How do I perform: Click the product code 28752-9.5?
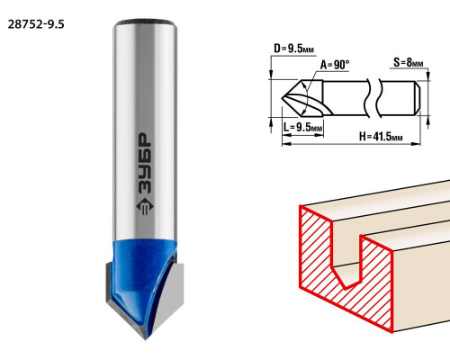[x=36, y=24]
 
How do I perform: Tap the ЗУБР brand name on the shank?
[x=145, y=164]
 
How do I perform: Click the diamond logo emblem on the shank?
[x=145, y=207]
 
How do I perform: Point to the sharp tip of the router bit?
[x=146, y=338]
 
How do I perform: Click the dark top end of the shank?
[x=145, y=22]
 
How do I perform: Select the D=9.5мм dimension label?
[x=294, y=49]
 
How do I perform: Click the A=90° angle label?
[x=335, y=65]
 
